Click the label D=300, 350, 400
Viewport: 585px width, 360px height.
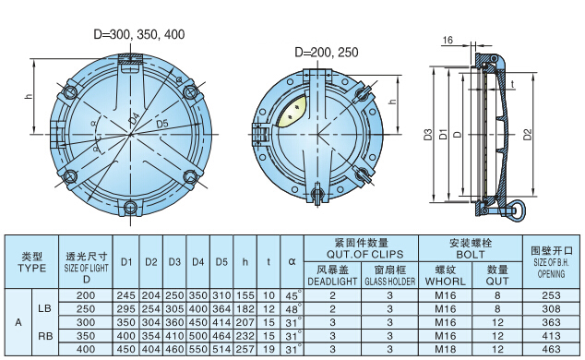[139, 34]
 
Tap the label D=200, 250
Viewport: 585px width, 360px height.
[327, 52]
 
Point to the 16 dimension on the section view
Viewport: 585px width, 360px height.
[448, 40]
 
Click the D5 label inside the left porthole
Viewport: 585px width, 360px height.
[161, 123]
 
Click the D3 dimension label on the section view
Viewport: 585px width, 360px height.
[428, 134]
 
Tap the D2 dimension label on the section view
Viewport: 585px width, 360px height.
[527, 134]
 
